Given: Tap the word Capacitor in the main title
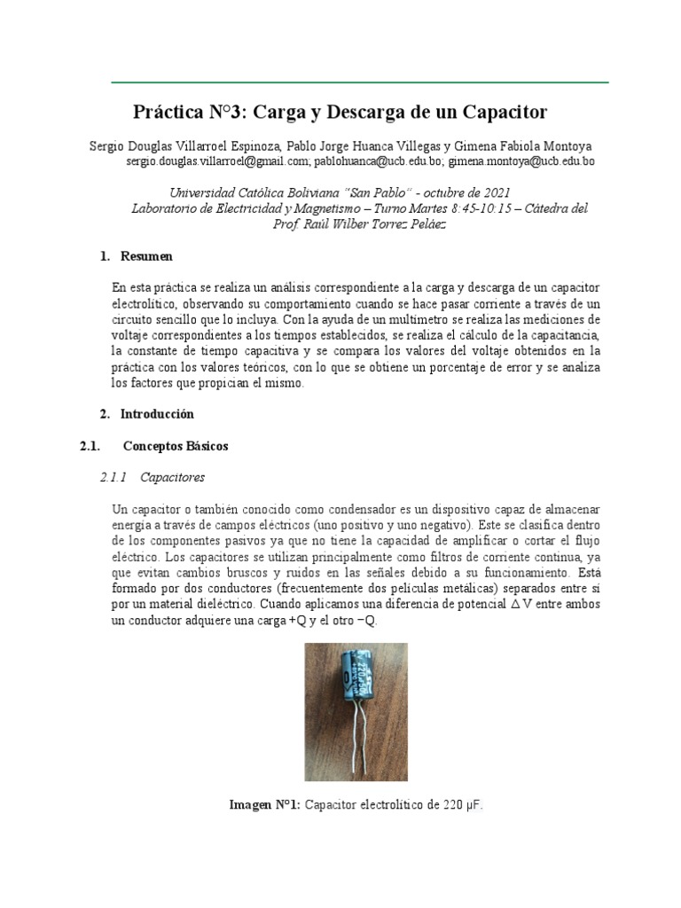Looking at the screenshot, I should click(x=503, y=113).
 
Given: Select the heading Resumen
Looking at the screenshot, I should click(x=147, y=256).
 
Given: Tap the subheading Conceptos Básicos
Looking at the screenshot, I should click(x=176, y=446).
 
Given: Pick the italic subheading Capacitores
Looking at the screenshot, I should click(x=172, y=477).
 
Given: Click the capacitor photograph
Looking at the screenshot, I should click(x=356, y=709).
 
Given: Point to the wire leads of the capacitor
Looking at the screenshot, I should click(x=359, y=745).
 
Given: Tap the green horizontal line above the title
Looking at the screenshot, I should click(x=359, y=82).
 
